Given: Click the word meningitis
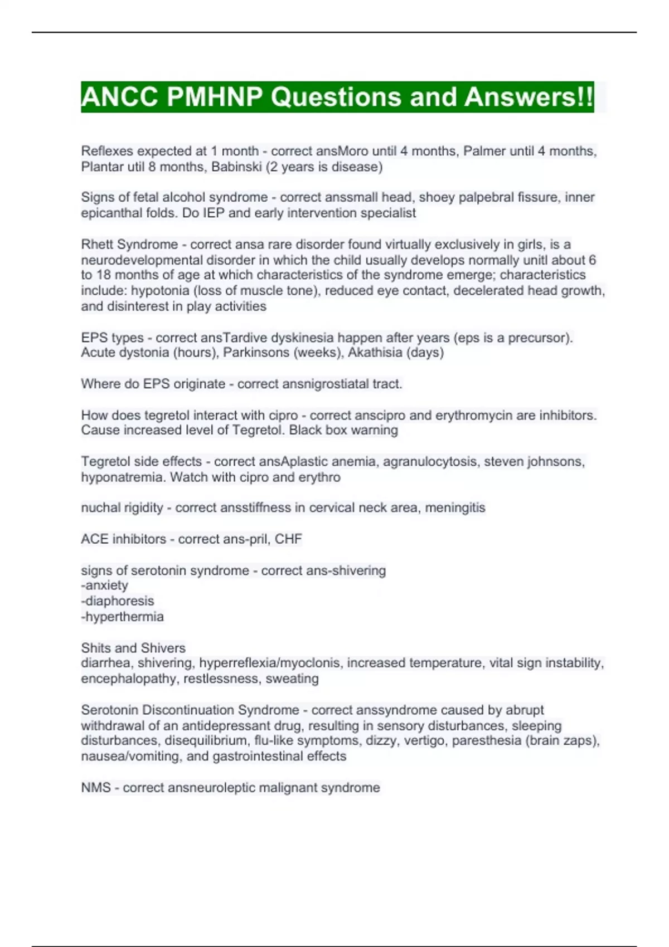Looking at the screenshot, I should [455, 507].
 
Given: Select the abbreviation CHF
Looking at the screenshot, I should [288, 539].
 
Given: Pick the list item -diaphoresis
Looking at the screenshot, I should [117, 601].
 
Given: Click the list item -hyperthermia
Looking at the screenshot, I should [122, 616].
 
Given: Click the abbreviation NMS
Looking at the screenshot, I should [95, 787].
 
